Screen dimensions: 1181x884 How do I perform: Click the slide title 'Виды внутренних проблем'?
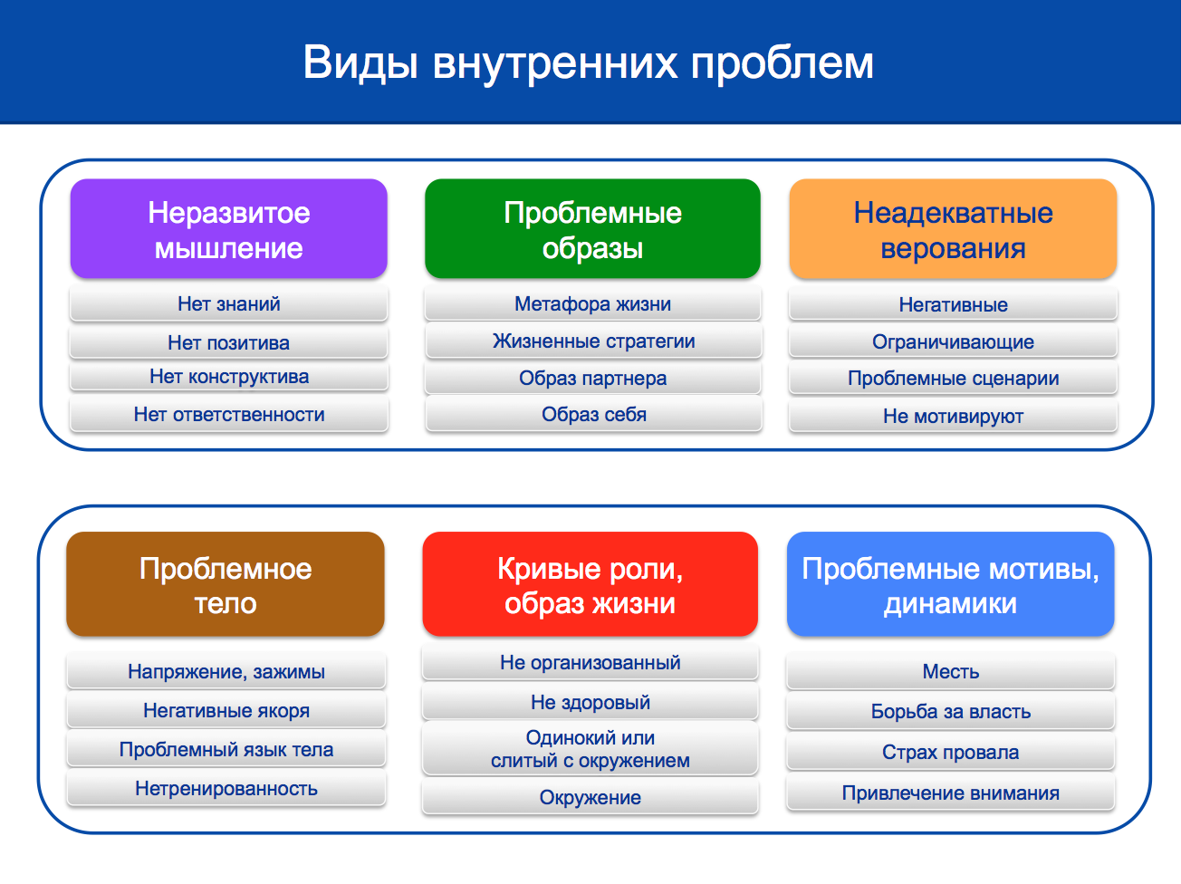tap(588, 63)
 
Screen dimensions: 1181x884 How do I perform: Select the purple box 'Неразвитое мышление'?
tap(228, 228)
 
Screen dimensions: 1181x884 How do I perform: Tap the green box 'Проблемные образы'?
tap(592, 228)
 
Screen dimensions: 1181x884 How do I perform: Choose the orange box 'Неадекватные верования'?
tap(953, 228)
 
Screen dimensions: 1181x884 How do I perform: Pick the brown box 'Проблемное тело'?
tap(226, 584)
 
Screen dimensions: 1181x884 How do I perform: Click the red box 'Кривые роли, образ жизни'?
tap(590, 584)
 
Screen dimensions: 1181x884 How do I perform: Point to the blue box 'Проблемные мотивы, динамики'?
tap(950, 584)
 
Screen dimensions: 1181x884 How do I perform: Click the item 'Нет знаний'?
tap(228, 304)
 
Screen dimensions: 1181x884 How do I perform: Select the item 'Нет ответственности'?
tap(228, 414)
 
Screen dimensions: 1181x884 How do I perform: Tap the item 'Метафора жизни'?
tap(592, 304)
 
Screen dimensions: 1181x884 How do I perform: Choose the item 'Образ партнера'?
tap(592, 379)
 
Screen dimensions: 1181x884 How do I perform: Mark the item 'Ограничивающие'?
tap(953, 341)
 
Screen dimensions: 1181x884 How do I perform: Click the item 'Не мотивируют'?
tap(953, 416)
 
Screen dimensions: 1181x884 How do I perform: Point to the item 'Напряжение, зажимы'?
tap(226, 671)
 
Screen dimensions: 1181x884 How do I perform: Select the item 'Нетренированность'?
tap(226, 789)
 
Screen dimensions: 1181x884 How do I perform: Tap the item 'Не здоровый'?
tap(590, 702)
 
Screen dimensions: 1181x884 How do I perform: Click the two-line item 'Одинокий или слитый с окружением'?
tap(590, 749)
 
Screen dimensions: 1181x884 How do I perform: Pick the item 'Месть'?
tap(950, 671)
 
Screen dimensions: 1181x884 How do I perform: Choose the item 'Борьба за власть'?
tap(950, 711)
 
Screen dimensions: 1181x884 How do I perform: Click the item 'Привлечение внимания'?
tap(950, 793)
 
